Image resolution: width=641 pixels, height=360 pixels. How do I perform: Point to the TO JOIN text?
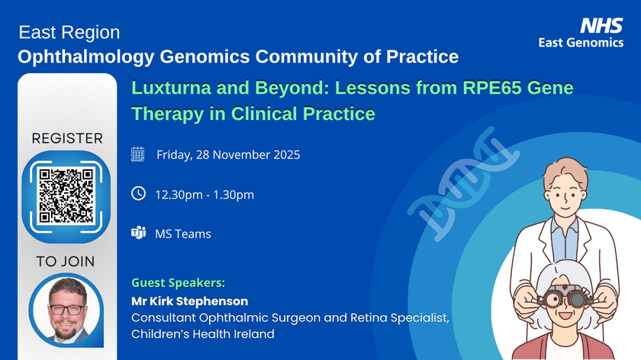(x=65, y=262)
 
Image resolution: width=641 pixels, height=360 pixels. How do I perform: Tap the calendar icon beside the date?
(x=138, y=155)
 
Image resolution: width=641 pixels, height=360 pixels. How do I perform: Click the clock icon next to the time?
(x=138, y=194)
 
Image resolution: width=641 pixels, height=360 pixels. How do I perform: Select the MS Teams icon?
(x=138, y=233)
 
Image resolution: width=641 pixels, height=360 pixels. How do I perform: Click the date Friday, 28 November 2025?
(x=228, y=155)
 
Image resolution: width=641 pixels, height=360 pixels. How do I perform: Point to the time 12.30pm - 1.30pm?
(x=205, y=194)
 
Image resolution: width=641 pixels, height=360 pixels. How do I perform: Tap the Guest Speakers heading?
(x=179, y=282)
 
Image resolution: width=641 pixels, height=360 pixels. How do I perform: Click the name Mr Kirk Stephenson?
(x=190, y=301)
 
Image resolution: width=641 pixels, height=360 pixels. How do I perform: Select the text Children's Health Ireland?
(x=202, y=334)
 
